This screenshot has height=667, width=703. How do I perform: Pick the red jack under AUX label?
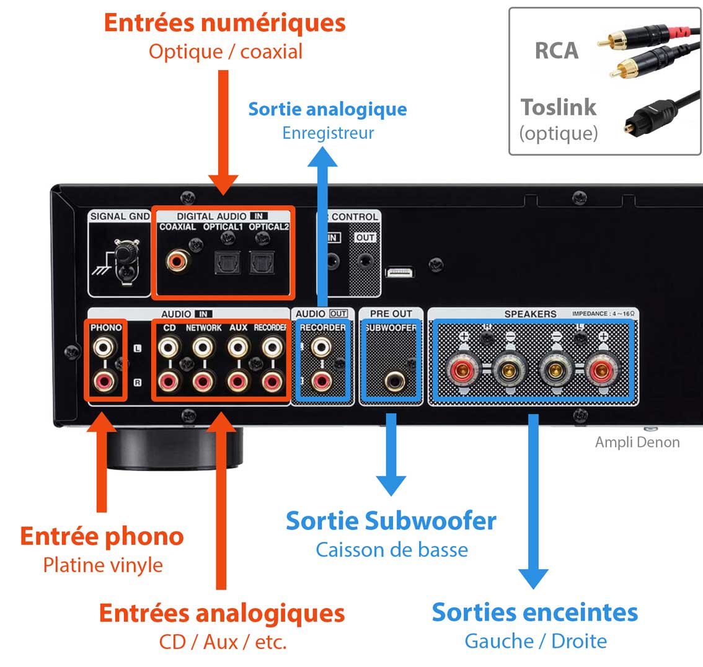(x=237, y=381)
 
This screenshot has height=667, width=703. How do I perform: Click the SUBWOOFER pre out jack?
(x=391, y=379)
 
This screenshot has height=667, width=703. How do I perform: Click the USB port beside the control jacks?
(x=400, y=273)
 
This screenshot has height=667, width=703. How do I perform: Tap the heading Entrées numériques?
(x=224, y=23)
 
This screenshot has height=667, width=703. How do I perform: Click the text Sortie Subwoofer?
(x=391, y=521)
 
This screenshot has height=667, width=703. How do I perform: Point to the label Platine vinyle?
(x=103, y=565)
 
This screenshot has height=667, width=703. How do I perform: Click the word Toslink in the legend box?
(x=559, y=107)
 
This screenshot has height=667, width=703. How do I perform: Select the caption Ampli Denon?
(x=637, y=443)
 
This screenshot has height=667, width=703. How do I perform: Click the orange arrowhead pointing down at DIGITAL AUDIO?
(x=223, y=185)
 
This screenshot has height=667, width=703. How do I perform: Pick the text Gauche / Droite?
(x=536, y=641)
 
